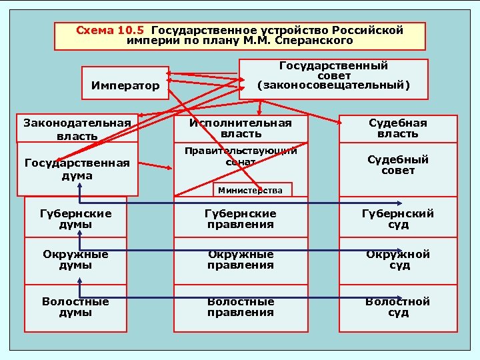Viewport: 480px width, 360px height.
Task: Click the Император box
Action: tap(125, 85)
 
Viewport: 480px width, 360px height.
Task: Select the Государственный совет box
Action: tap(333, 76)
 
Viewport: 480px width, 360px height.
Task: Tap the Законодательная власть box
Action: tap(77, 129)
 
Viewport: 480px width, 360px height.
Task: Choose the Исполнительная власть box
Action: tap(241, 129)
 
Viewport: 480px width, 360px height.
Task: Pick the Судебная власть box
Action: tap(399, 129)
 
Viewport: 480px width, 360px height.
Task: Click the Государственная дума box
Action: tap(77, 170)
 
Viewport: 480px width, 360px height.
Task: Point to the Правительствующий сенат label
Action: tap(241, 156)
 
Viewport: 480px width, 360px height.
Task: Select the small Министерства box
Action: tap(251, 191)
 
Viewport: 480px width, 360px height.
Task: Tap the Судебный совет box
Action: tap(399, 165)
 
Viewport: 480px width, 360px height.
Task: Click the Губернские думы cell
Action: tap(75, 219)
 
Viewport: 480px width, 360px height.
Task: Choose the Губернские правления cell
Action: tap(241, 219)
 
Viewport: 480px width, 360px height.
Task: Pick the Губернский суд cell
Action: tap(399, 219)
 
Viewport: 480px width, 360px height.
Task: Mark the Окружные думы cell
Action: tap(75, 260)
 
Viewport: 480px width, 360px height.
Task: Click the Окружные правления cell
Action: tap(241, 260)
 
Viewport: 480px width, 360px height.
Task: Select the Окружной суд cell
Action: tap(399, 260)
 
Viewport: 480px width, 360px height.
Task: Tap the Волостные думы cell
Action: tap(75, 307)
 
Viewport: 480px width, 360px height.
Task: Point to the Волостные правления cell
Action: tap(241, 307)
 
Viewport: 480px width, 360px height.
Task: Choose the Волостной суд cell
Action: tap(399, 307)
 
